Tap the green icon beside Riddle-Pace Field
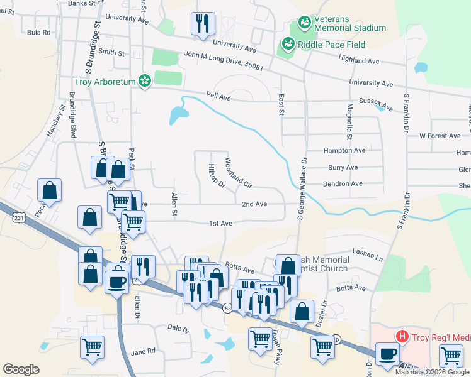(x=289, y=45)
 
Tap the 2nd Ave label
(x=255, y=204)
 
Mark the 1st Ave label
(x=221, y=224)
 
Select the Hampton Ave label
(x=344, y=151)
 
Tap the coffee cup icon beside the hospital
(x=387, y=354)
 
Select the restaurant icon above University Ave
(x=202, y=24)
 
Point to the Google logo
(x=21, y=369)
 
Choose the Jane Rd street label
(x=143, y=352)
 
